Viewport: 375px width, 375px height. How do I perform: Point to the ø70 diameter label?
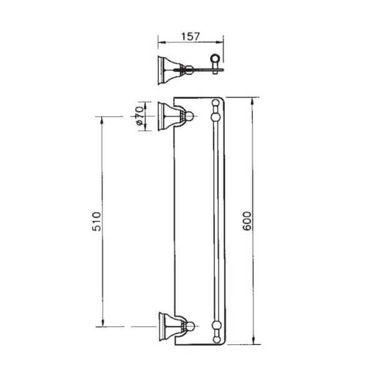click(x=139, y=117)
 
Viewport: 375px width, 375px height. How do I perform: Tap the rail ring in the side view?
click(x=216, y=61)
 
